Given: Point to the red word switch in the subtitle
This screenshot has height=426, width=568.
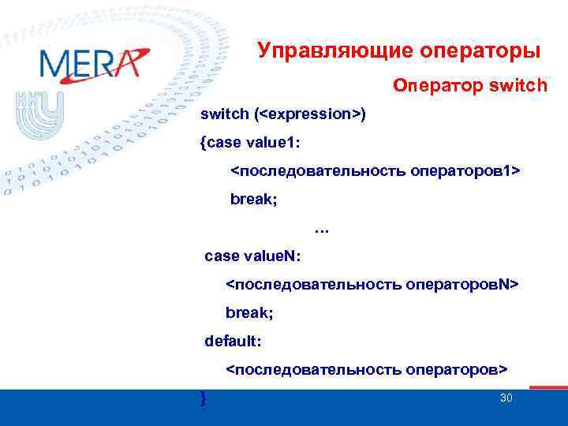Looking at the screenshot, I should (518, 84).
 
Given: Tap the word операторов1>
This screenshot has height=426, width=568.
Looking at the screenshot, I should (465, 171).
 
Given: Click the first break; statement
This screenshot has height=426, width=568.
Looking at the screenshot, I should (253, 200).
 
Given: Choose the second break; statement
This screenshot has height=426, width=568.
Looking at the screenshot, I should (249, 313).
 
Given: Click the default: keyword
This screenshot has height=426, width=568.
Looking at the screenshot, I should (234, 342).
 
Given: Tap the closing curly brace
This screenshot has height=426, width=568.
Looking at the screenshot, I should (204, 398).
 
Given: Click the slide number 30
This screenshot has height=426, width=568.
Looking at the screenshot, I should (506, 398).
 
